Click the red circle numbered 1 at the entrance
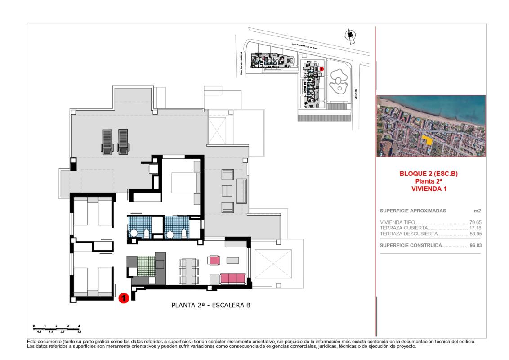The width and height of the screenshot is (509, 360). point(124,297)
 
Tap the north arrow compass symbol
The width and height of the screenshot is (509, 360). point(349,36)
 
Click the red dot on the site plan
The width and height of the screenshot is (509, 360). point(322,69)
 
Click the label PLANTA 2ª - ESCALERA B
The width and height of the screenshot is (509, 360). point(211,305)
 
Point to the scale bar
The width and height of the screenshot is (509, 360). point(56,328)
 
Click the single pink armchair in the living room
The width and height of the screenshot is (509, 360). point(214,260)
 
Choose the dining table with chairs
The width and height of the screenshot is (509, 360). point(188,271)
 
